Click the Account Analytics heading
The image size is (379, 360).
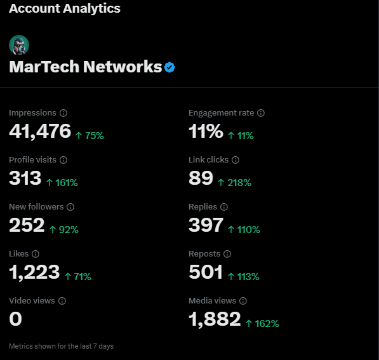(x=65, y=9)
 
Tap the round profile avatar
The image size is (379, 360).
(x=19, y=45)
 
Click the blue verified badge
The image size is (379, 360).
(x=170, y=67)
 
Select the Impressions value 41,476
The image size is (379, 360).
(x=40, y=131)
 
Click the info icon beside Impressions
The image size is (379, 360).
(x=63, y=113)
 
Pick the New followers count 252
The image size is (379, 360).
(x=27, y=225)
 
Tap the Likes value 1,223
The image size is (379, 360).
(x=34, y=272)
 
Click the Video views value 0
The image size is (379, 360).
(x=16, y=319)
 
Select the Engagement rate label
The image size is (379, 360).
(x=221, y=113)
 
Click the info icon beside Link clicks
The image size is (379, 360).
(x=236, y=160)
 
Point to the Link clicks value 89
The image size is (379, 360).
(x=201, y=178)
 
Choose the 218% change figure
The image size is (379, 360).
(x=234, y=183)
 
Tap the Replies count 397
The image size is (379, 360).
(x=206, y=225)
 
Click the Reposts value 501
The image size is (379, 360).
(x=206, y=272)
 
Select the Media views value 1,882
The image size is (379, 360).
(x=215, y=319)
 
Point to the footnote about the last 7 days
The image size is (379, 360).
(x=62, y=347)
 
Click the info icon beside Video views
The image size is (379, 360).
(x=62, y=301)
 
